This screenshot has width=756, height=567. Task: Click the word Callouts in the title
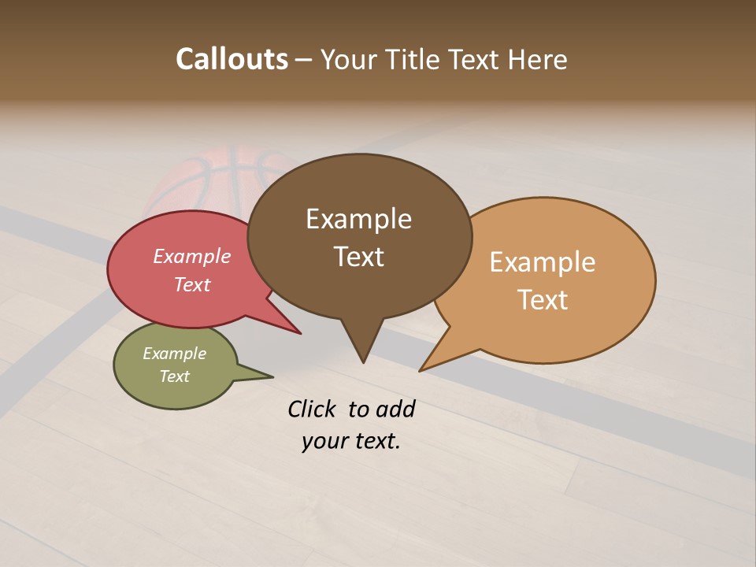[232, 59]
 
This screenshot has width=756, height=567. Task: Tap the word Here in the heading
[537, 60]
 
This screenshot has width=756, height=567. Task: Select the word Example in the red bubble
[192, 257]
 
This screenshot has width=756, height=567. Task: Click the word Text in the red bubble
[192, 284]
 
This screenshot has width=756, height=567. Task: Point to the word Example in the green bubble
[175, 354]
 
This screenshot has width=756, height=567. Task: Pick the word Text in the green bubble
[175, 376]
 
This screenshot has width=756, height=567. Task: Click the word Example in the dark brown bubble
[358, 219]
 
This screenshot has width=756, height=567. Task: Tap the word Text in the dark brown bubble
[358, 257]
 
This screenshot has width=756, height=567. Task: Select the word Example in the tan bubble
[543, 262]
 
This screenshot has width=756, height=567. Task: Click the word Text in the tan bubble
[543, 299]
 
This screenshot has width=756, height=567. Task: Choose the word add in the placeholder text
[396, 409]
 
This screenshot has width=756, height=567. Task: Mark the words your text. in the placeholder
[351, 442]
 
